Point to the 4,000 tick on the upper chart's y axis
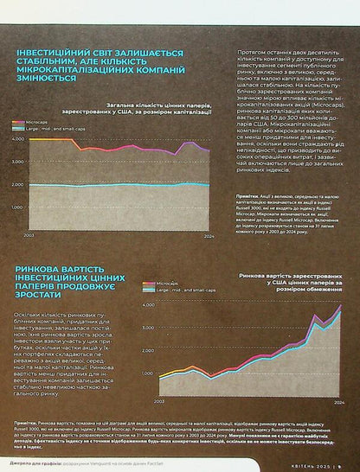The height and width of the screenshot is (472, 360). pos(17,138)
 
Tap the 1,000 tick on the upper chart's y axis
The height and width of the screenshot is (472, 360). pos(17,208)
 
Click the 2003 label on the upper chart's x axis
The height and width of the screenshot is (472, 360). pos(29,235)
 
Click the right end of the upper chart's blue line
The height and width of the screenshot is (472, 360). pos(209,186)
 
